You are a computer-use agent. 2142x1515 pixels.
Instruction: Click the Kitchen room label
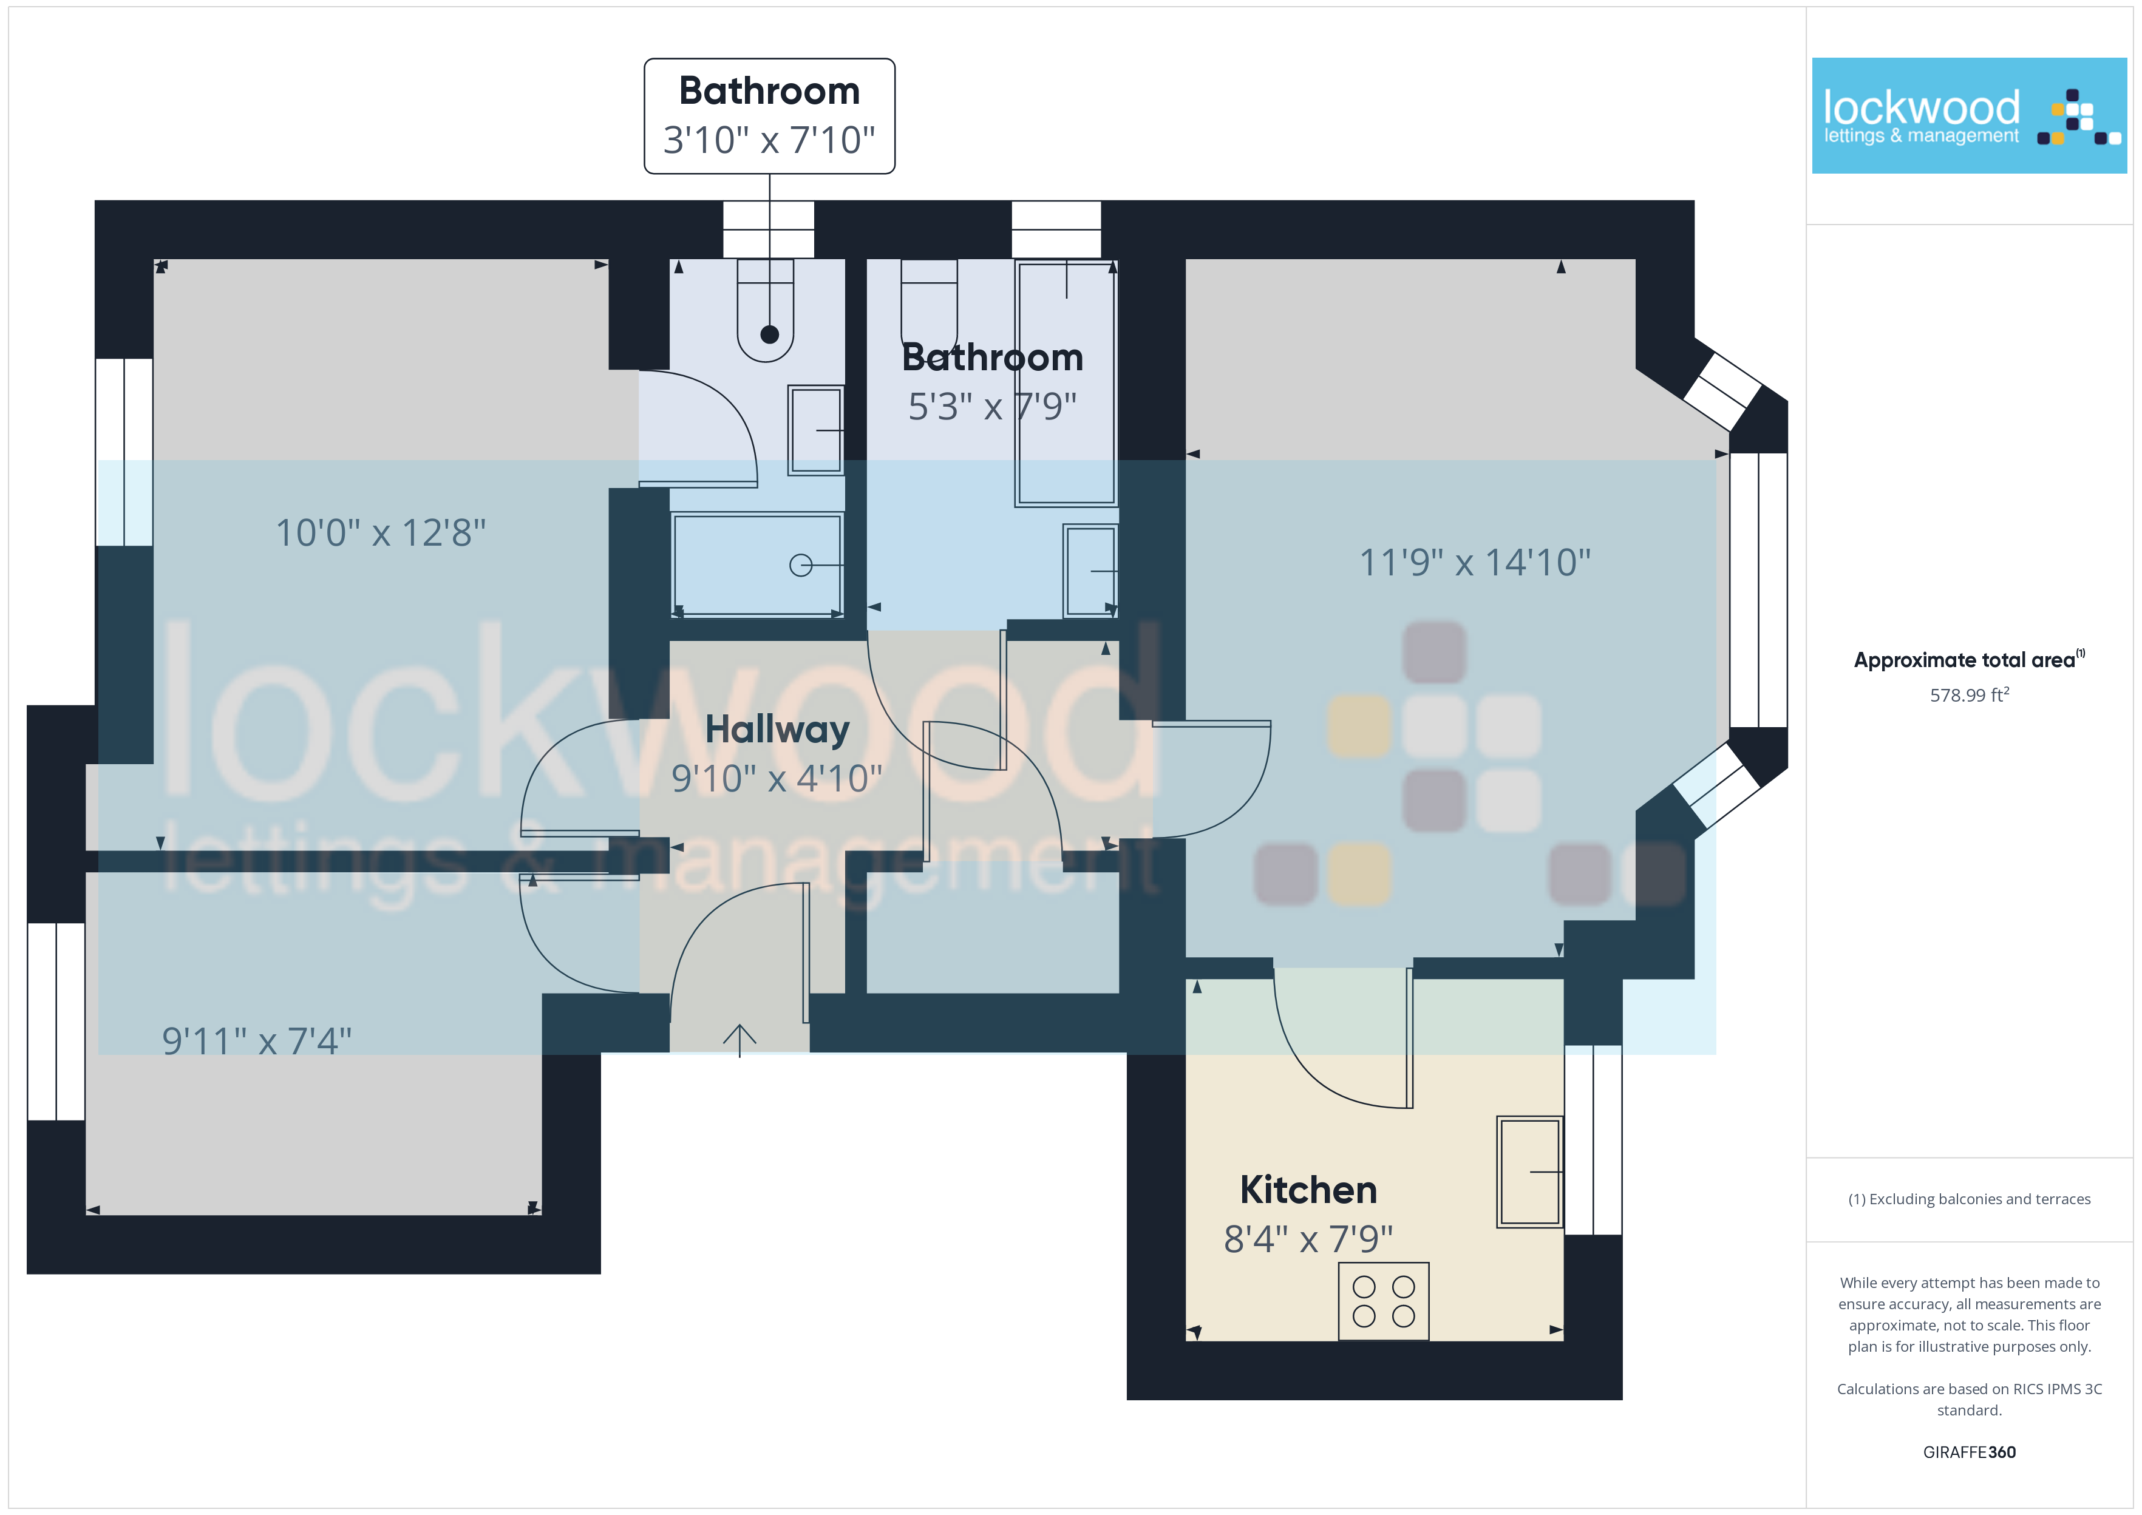[x=1308, y=1190]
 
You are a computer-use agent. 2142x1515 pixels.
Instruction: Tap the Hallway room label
[x=777, y=730]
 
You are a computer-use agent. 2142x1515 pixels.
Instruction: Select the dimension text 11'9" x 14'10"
[x=1475, y=563]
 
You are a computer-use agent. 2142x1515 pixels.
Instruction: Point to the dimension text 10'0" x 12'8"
[x=381, y=533]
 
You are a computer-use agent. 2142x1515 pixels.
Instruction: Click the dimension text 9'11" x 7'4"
[x=257, y=1040]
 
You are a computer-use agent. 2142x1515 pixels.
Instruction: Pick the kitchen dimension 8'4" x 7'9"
[x=1308, y=1239]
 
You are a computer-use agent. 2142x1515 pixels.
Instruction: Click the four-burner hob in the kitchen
[x=1384, y=1301]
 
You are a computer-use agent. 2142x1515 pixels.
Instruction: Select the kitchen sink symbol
[x=1530, y=1171]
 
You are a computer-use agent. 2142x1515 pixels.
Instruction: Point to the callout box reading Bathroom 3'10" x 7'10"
[x=770, y=116]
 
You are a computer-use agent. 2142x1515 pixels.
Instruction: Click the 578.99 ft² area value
[x=1970, y=695]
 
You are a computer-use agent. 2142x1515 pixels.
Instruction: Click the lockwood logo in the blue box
[x=1970, y=116]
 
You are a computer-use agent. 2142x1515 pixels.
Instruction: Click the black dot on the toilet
[x=770, y=334]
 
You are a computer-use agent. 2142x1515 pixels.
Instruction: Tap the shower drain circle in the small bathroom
[x=800, y=565]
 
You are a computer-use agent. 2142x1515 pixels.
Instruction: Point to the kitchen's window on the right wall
[x=1593, y=1140]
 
